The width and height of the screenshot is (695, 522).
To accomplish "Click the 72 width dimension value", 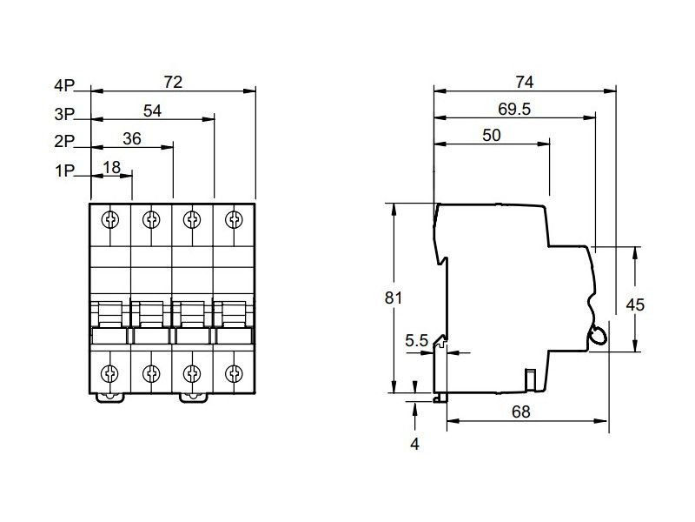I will pos(173,82).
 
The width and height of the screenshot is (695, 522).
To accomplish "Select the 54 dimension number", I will pos(153,110).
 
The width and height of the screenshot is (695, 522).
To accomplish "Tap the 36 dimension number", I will pos(132,138).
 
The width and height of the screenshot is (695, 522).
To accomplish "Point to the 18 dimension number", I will pos(111,167).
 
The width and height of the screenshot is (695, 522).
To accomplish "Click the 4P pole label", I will pos(64,85).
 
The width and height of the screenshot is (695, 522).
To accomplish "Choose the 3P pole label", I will pos(64,114).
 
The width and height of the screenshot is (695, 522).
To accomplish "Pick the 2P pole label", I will pos(64,142).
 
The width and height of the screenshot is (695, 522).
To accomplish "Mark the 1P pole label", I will pos(64,171).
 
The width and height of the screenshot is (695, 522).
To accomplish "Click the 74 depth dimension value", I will pos(524,82).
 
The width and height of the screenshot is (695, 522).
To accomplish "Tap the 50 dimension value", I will pos(492,136).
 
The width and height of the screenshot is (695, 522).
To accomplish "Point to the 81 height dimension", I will pos(394,298).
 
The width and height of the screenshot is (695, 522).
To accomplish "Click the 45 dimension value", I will pos(636,304).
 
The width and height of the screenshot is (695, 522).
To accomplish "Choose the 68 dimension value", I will pos(520,412).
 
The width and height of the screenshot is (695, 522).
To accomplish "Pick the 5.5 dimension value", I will pos(417,341).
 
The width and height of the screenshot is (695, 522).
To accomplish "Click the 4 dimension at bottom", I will pos(414,444).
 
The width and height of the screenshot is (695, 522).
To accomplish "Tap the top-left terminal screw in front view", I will pos(110,217).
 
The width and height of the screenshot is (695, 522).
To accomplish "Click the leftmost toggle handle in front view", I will pos(110,316).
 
